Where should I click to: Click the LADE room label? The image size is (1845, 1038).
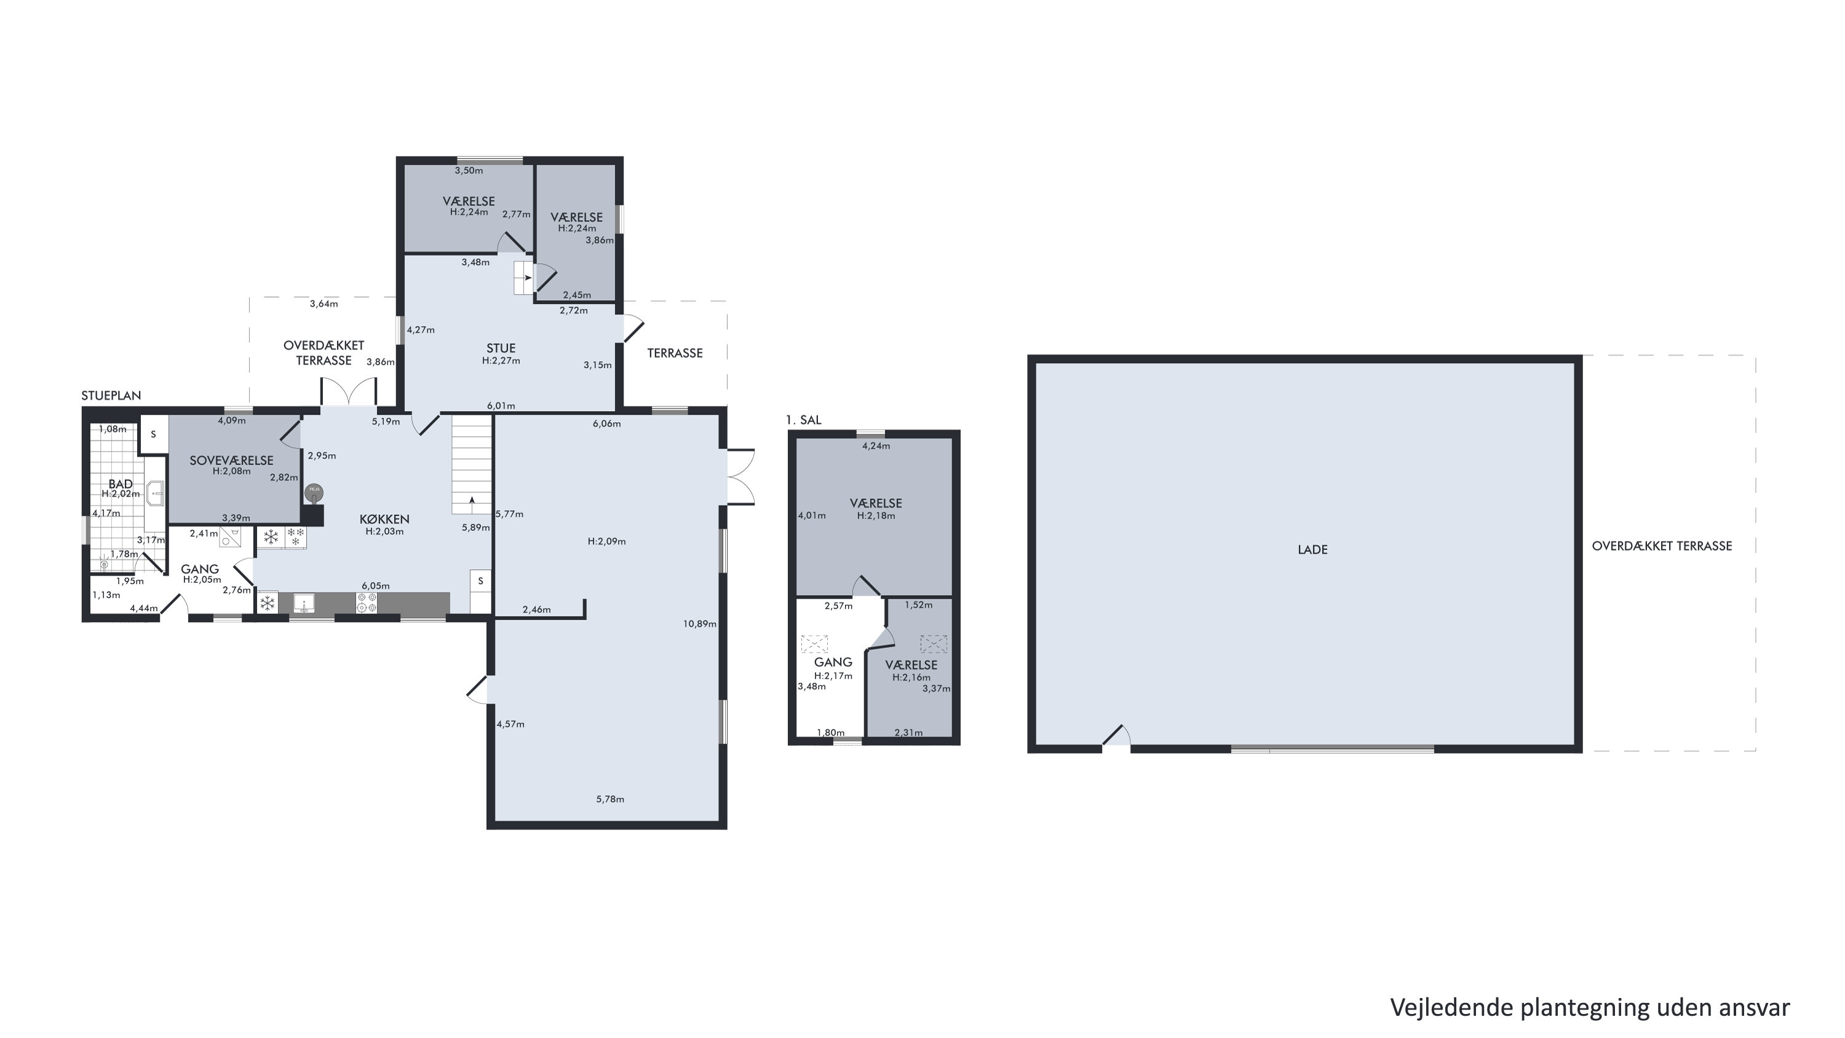click(x=1312, y=549)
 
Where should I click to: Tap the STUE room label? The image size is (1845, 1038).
click(x=501, y=349)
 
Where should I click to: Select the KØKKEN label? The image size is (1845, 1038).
click(x=384, y=519)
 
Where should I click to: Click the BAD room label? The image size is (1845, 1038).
click(x=121, y=484)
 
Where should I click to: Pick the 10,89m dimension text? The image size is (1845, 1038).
click(x=699, y=624)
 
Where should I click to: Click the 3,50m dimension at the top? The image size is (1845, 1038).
click(x=469, y=170)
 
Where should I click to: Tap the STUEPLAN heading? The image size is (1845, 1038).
click(x=111, y=396)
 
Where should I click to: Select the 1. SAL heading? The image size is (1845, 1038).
click(x=804, y=420)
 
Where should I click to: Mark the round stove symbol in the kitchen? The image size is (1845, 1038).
click(x=314, y=492)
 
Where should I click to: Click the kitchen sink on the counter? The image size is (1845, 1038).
click(x=304, y=604)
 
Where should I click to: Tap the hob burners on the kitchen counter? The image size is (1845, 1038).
click(x=367, y=603)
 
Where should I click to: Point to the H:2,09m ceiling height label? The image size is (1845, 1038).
click(x=606, y=541)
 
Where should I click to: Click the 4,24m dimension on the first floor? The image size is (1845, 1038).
click(x=876, y=445)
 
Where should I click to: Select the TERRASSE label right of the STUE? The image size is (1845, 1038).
click(x=675, y=353)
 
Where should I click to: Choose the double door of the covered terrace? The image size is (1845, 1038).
click(x=348, y=392)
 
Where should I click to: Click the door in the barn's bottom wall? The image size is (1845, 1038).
click(x=1116, y=738)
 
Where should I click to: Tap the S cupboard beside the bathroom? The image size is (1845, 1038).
click(x=153, y=434)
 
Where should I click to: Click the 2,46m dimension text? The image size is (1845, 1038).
click(x=536, y=610)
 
